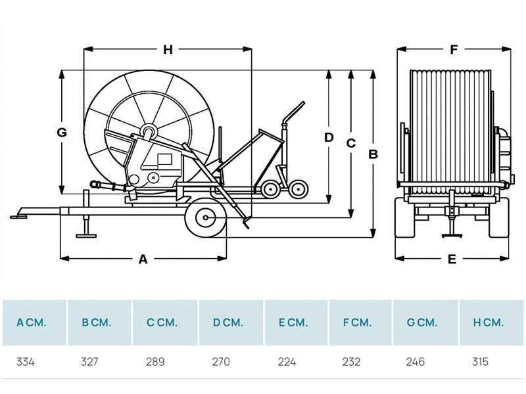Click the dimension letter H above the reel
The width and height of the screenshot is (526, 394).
(168, 50)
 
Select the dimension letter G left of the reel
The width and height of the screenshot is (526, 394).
(62, 133)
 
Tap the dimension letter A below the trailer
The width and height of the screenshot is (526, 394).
(143, 259)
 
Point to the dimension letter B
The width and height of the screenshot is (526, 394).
(373, 154)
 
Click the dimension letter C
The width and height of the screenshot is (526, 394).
(351, 143)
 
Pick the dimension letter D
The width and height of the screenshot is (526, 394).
(329, 137)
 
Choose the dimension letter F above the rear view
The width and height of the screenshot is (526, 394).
(454, 50)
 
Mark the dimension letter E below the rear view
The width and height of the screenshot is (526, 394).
(452, 259)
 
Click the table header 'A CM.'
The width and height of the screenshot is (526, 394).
(31, 322)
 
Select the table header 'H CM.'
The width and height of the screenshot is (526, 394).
(489, 322)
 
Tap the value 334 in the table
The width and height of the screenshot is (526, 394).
(26, 362)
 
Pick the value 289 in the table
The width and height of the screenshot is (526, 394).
(155, 362)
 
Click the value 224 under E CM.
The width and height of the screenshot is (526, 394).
(287, 362)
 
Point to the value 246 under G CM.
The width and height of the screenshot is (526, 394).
(416, 362)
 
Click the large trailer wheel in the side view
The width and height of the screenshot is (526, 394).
(205, 218)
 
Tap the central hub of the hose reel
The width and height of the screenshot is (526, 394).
(149, 132)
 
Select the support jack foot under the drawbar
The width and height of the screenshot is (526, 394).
(86, 236)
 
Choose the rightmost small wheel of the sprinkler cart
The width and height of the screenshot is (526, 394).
(299, 189)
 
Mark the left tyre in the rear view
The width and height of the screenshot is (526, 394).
(405, 217)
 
